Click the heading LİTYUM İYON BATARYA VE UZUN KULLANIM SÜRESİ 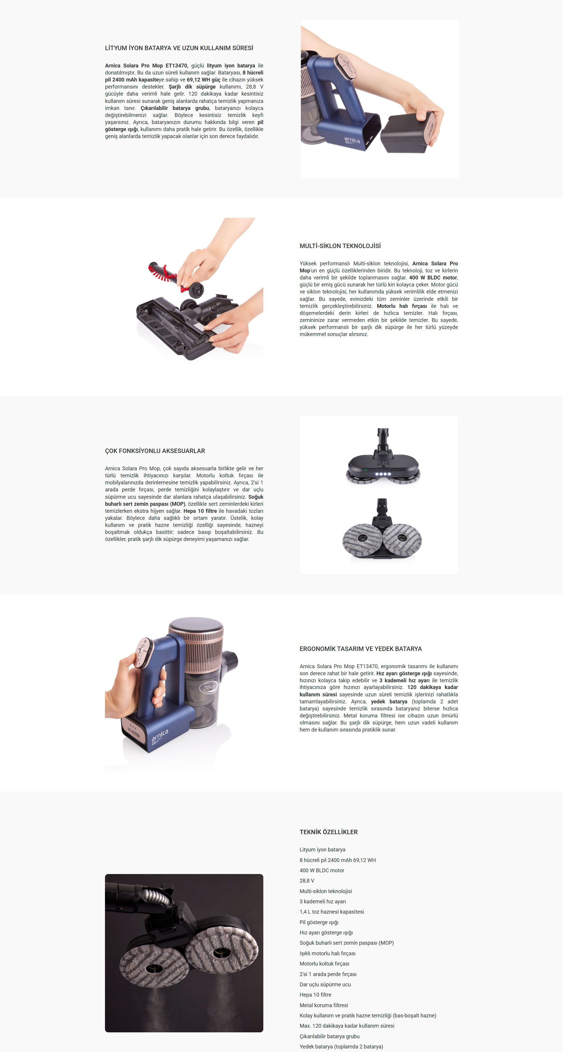tap(179, 48)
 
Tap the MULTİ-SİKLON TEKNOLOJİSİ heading tap(340, 246)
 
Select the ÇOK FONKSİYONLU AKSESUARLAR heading tap(155, 451)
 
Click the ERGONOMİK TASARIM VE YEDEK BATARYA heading tap(361, 649)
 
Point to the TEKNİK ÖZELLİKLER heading tap(328, 832)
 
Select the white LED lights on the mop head tap(383, 474)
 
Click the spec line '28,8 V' tap(307, 881)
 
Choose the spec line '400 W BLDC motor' tap(322, 870)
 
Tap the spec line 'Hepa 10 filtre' tap(316, 995)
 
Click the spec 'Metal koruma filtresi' tap(324, 1005)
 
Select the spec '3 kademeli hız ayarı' tap(323, 901)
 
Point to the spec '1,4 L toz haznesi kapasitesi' tap(332, 912)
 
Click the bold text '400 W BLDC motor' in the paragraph tap(433, 278)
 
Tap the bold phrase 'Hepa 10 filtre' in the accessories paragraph tap(200, 511)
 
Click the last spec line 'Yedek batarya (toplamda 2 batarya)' tap(341, 1047)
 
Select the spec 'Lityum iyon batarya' tap(322, 849)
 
